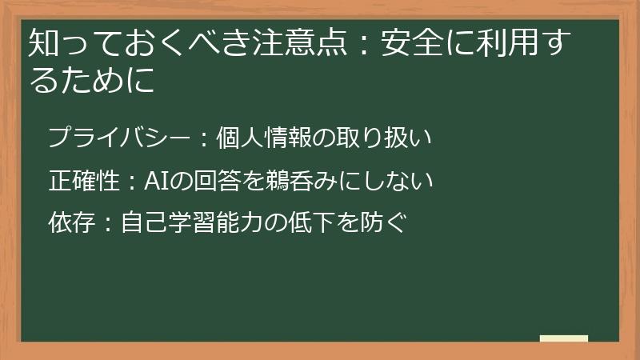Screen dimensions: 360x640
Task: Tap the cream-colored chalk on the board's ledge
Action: (x=563, y=338)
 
